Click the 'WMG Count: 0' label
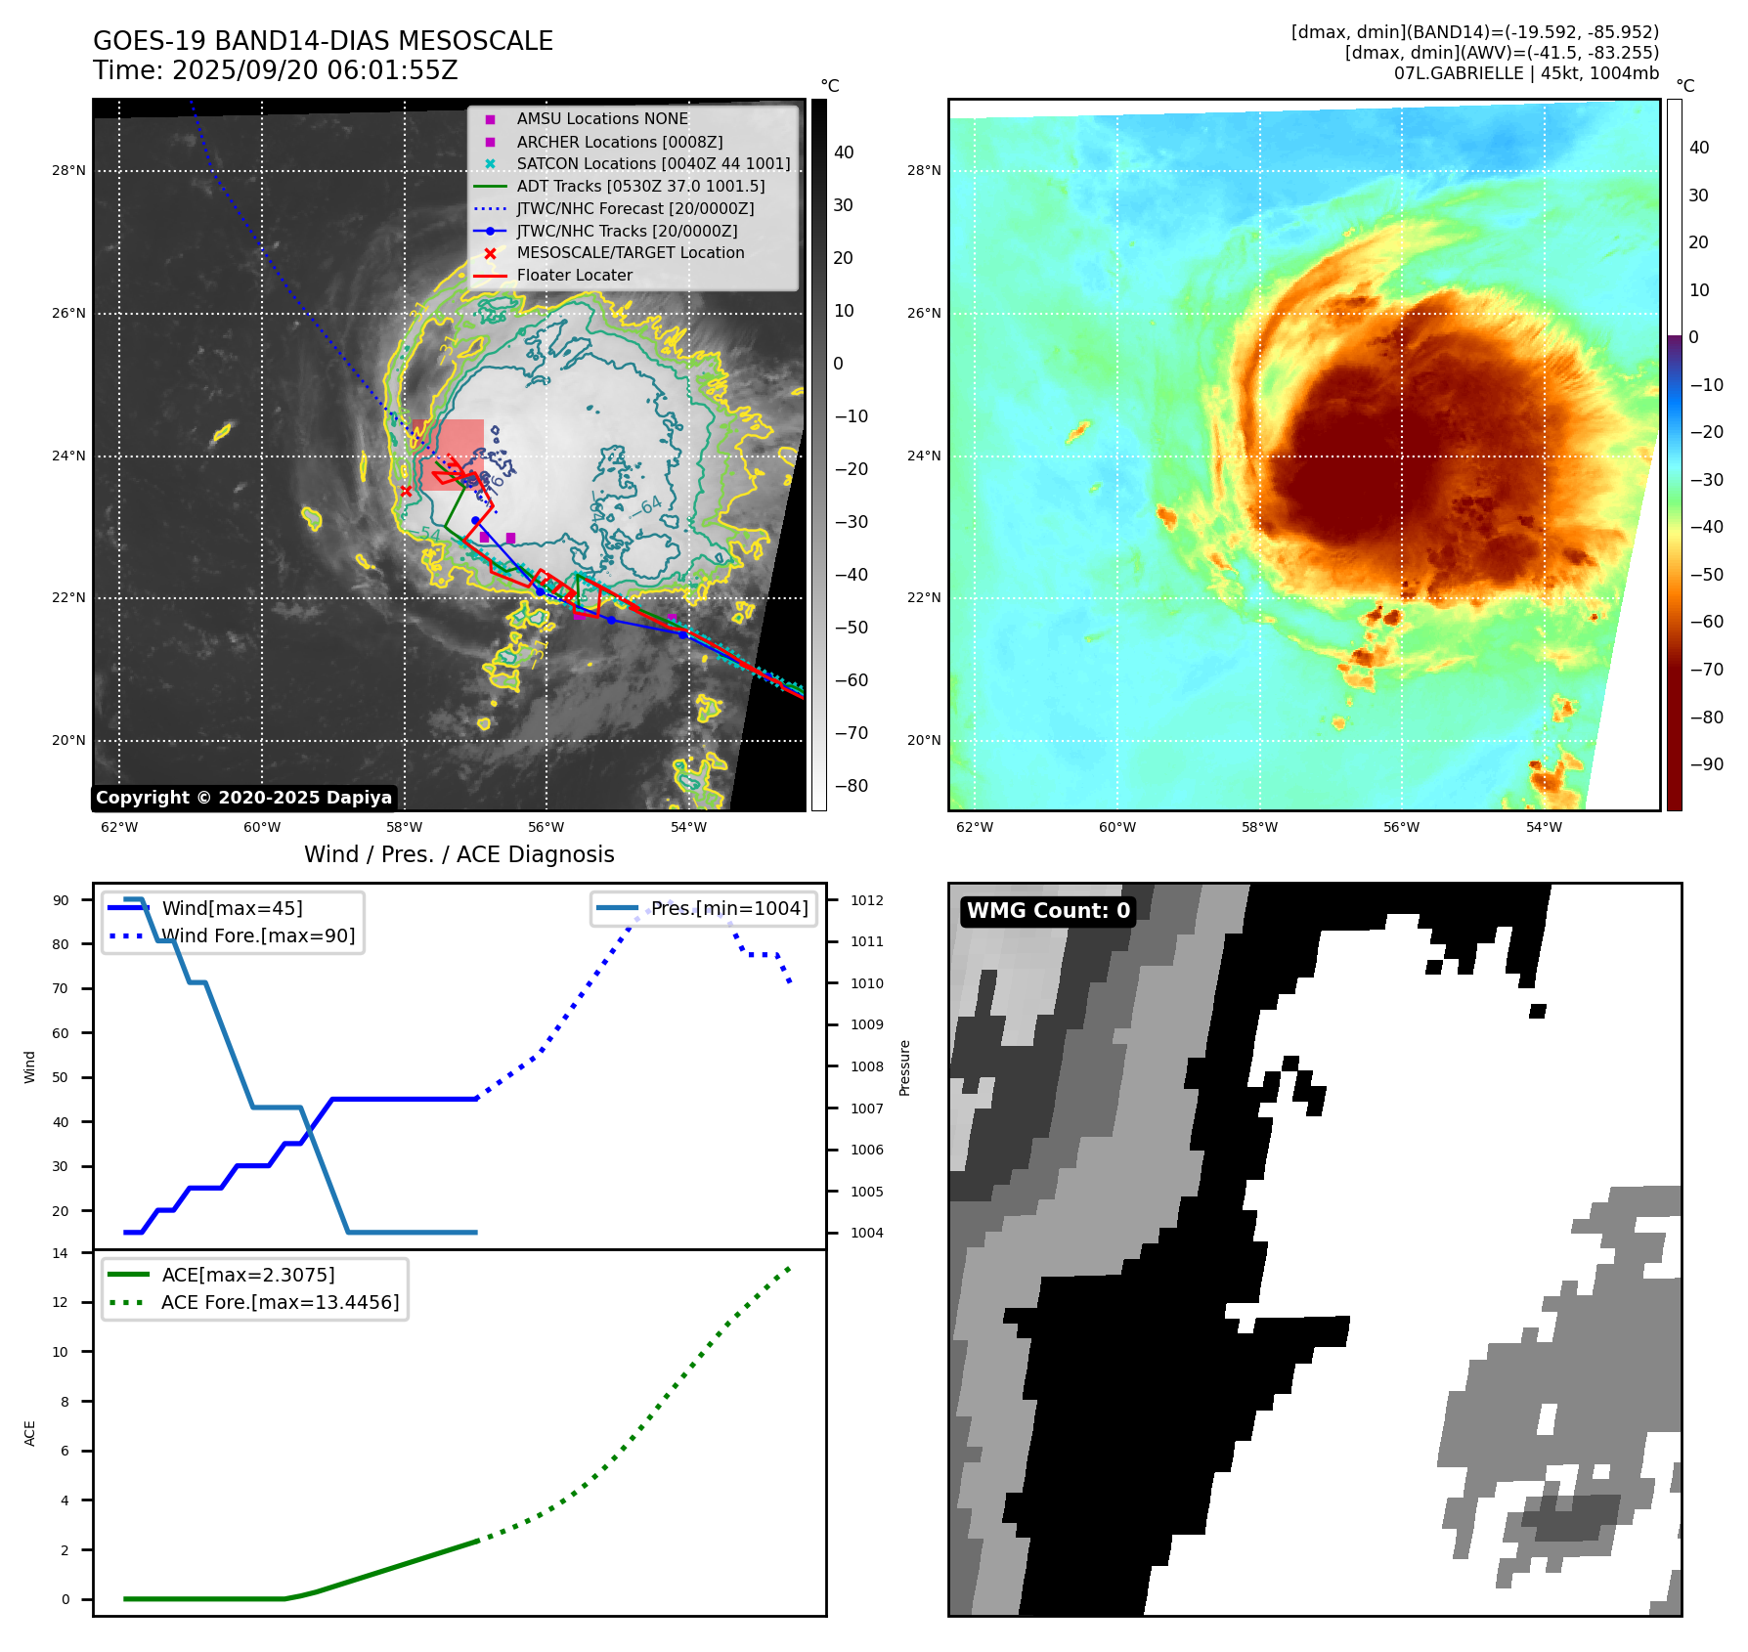click(1048, 911)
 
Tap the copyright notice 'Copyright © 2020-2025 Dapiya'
click(243, 798)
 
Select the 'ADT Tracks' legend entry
click(640, 186)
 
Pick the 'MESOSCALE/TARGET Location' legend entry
click(630, 253)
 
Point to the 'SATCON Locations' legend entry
click(653, 164)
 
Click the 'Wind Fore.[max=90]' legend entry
click(258, 936)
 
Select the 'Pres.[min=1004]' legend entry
click(729, 909)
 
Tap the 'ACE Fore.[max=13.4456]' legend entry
click(280, 1303)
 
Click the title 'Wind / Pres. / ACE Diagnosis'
click(459, 854)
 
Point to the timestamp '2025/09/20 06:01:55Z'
click(315, 70)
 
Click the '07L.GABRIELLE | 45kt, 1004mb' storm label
click(1526, 73)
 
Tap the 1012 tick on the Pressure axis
click(866, 900)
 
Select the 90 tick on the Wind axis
click(61, 900)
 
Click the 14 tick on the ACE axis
click(61, 1253)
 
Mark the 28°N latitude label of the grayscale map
click(68, 171)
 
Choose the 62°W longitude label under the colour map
click(974, 827)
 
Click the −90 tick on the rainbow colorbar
click(1707, 764)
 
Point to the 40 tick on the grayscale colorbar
click(844, 152)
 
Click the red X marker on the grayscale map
click(406, 491)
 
